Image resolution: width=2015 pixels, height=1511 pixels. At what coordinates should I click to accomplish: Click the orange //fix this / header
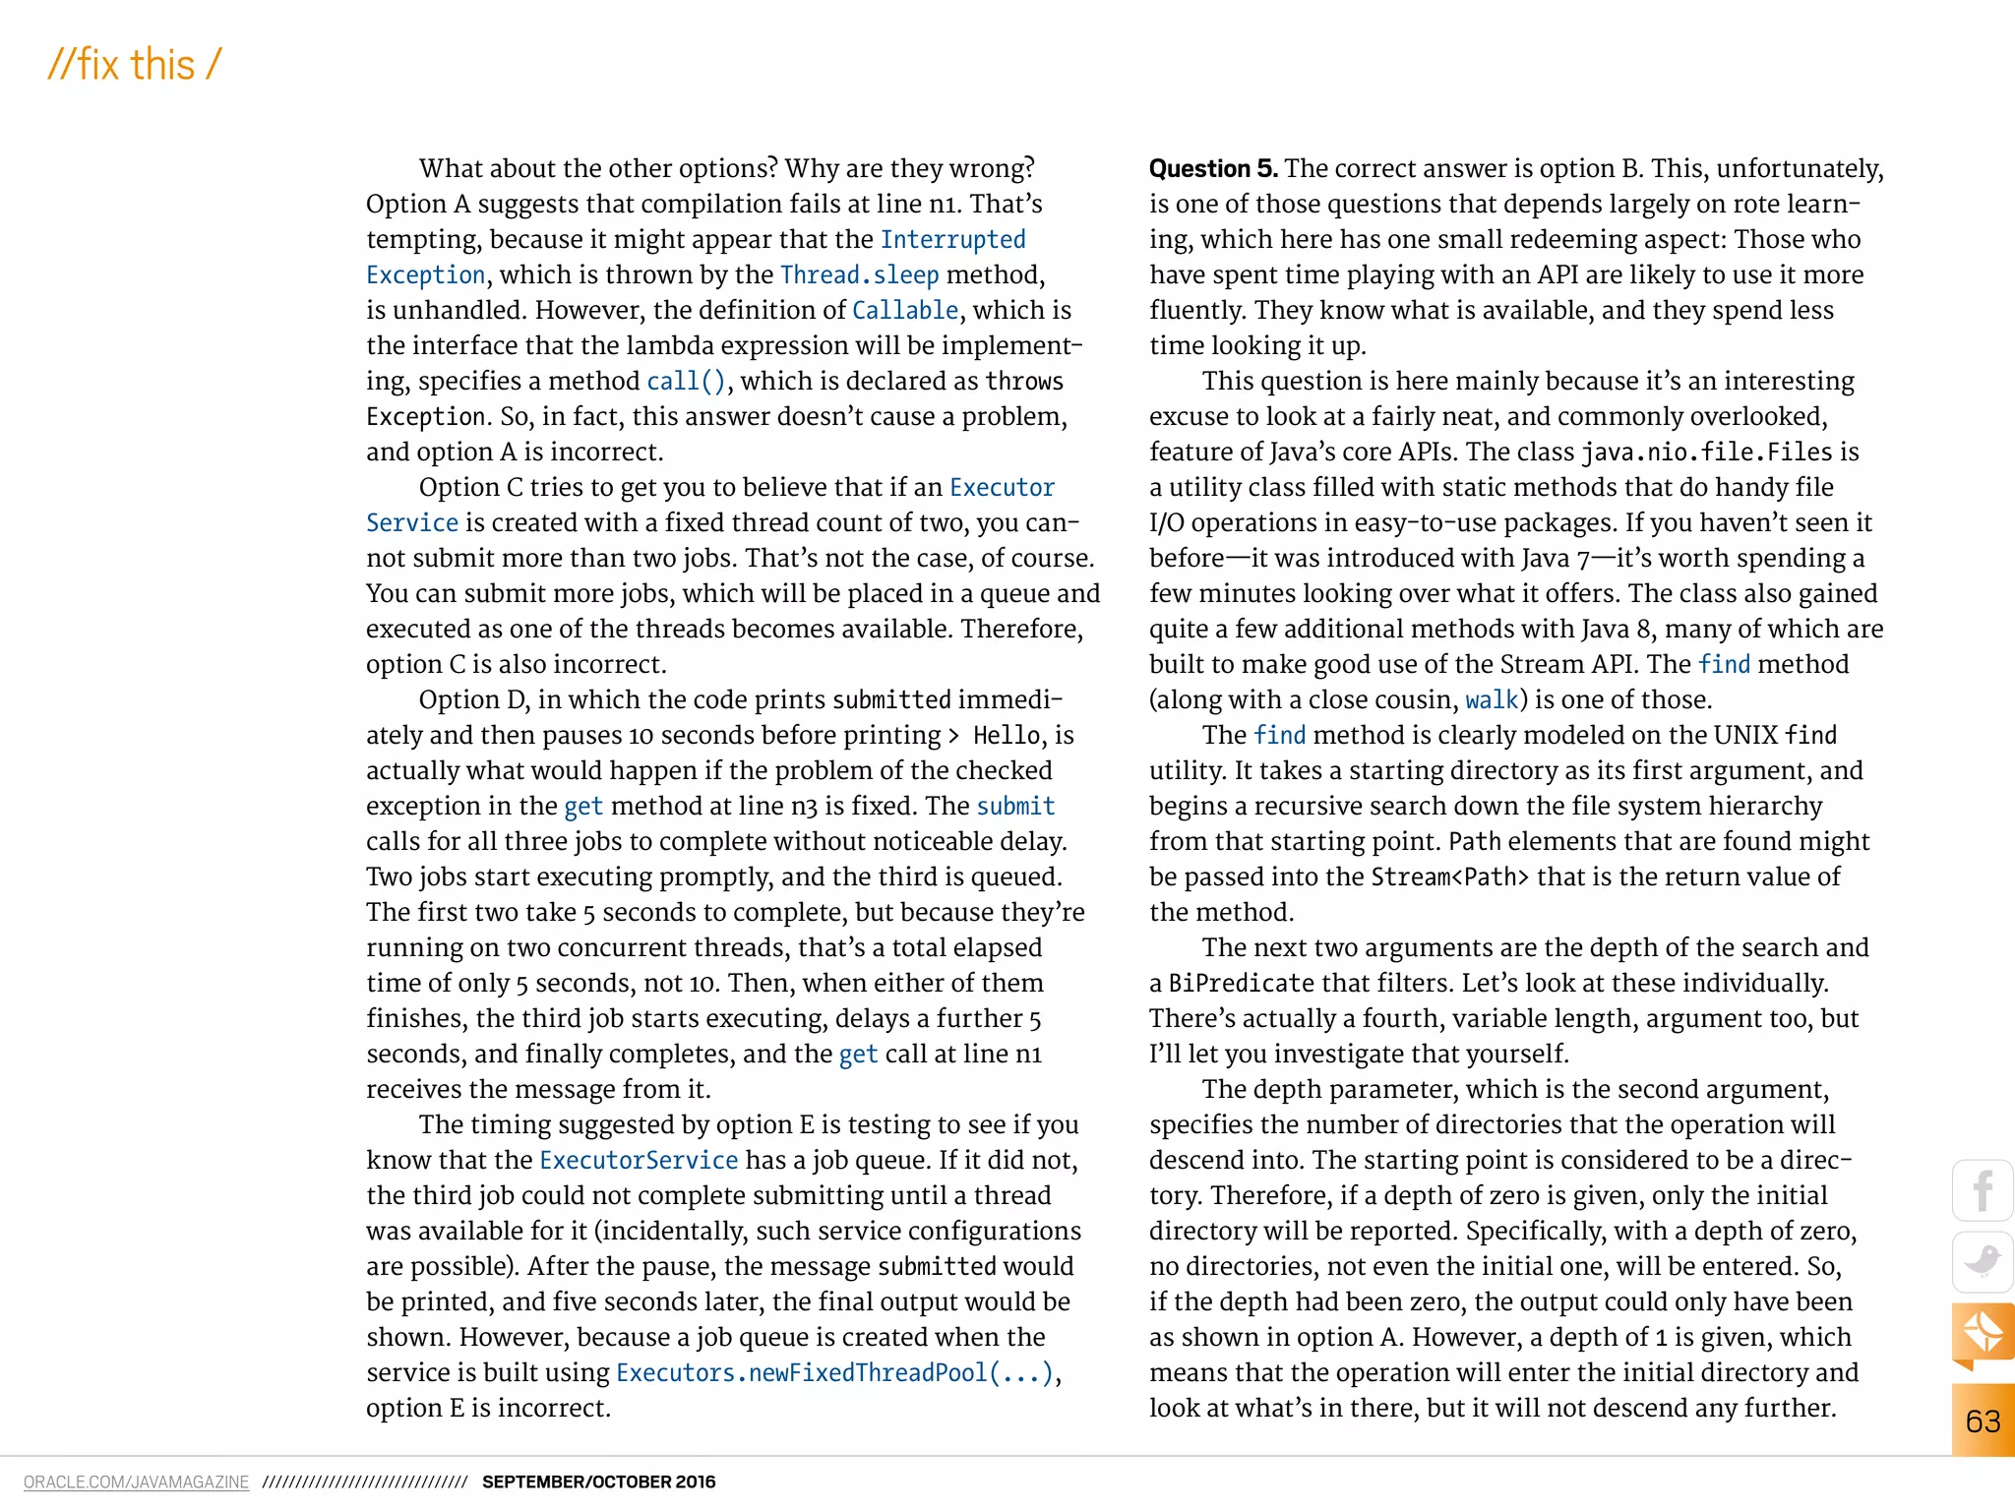tap(135, 65)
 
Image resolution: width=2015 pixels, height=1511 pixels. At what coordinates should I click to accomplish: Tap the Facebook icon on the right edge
tap(1983, 1190)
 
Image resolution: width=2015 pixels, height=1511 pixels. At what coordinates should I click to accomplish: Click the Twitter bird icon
tap(1983, 1261)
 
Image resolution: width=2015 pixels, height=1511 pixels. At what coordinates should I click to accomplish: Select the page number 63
tap(1983, 1420)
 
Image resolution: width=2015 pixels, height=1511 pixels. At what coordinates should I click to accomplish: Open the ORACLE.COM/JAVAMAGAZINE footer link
tap(136, 1481)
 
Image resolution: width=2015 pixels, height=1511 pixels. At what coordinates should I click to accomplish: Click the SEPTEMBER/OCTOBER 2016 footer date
tap(598, 1481)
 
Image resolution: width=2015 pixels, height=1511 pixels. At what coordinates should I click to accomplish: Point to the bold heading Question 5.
tap(1212, 169)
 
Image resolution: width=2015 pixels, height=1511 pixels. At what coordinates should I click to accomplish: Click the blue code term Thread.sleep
tap(859, 275)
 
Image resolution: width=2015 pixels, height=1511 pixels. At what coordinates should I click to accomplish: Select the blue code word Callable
tap(904, 311)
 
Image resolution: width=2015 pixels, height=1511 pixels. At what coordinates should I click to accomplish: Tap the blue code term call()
tap(686, 382)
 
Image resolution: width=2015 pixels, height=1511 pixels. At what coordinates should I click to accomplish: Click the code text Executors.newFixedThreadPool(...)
tap(834, 1373)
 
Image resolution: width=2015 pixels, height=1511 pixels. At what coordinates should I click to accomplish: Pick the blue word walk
tap(1492, 700)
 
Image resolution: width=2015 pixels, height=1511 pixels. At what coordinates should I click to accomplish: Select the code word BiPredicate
tap(1241, 984)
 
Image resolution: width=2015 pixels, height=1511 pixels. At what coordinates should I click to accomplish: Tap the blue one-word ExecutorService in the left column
tap(639, 1161)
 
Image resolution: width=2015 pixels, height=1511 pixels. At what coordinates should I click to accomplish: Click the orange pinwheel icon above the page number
tap(1983, 1334)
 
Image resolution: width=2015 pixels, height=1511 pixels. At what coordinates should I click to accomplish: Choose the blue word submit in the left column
tap(1015, 807)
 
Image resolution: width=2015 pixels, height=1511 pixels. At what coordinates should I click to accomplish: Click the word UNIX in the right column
tap(1745, 736)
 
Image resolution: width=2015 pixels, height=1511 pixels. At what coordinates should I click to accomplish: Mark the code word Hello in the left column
tap(1007, 736)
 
